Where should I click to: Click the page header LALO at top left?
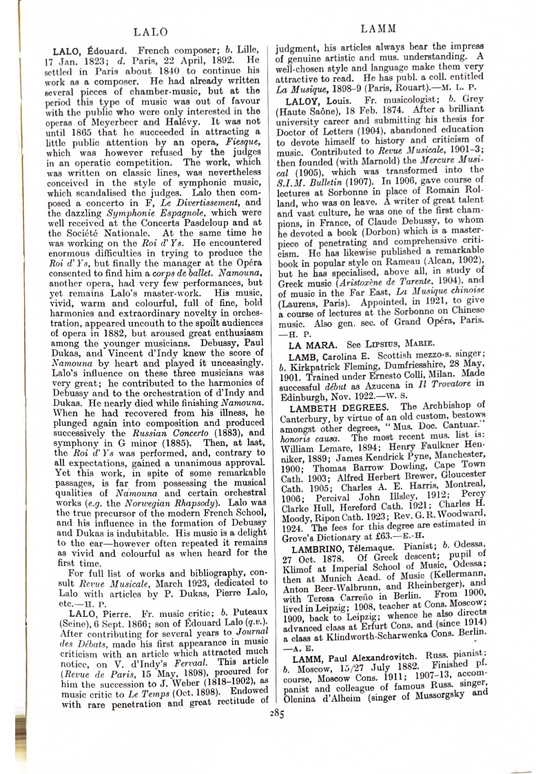pos(149,31)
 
